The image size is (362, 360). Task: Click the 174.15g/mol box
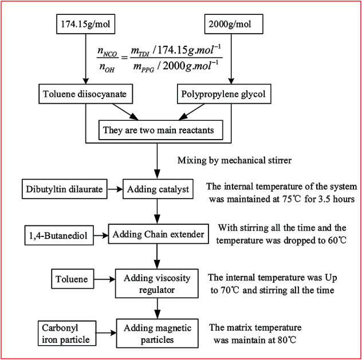click(x=84, y=26)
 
